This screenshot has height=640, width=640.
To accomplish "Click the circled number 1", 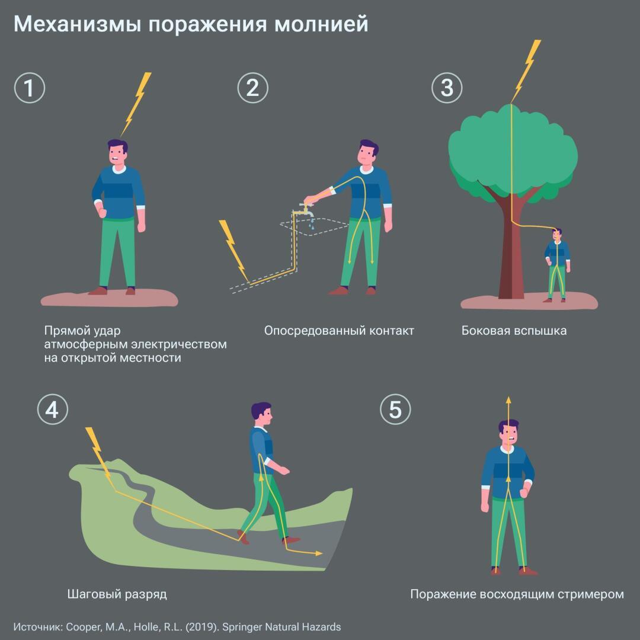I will tap(30, 88).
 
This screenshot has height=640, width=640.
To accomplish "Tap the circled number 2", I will tap(252, 88).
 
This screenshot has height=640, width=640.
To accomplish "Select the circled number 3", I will tap(447, 88).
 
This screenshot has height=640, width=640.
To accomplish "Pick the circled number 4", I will tap(53, 409).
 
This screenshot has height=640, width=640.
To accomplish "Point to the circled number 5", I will tap(395, 409).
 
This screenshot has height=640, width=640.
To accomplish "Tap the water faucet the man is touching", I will tap(306, 207).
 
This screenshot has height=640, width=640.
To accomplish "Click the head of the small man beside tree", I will tap(558, 235).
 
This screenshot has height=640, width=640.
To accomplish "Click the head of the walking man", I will tap(261, 413).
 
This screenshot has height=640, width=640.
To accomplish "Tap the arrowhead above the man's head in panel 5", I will tap(508, 400).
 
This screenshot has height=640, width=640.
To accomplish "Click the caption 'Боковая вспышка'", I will tap(514, 331).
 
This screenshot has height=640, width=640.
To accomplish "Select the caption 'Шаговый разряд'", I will tap(117, 594).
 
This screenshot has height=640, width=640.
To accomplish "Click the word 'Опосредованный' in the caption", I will tap(306, 331).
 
